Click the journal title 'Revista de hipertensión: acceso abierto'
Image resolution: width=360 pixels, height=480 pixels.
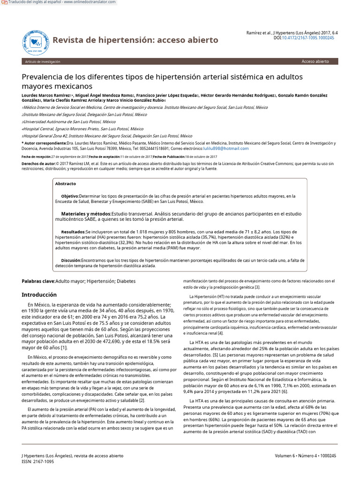[x=135, y=40]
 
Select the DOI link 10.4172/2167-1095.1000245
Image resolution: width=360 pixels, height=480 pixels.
[x=307, y=37]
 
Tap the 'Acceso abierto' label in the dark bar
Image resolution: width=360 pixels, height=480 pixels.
[x=315, y=61]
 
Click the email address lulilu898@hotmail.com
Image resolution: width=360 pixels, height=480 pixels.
[x=223, y=148]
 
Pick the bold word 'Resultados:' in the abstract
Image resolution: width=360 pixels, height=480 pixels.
[x=73, y=232]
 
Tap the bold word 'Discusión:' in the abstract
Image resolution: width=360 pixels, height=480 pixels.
[x=71, y=260]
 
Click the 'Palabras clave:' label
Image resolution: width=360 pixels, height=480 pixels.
[x=38, y=281]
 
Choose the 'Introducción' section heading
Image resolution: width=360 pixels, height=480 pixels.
[x=39, y=295]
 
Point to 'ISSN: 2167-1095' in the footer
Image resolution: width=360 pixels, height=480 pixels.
[x=38, y=462]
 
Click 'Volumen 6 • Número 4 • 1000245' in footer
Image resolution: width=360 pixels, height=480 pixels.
[x=305, y=456]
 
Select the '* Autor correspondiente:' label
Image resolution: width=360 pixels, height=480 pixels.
[x=44, y=143]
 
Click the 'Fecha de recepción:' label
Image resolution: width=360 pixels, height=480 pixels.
[x=37, y=157]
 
